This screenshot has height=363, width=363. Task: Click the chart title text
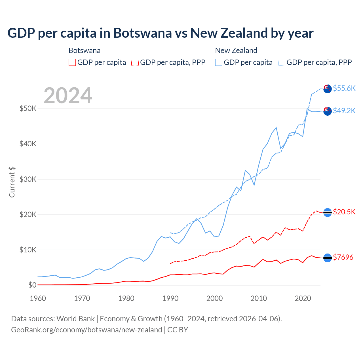(x=160, y=33)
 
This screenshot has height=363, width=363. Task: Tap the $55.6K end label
(x=344, y=88)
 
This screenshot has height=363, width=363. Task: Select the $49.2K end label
(x=344, y=111)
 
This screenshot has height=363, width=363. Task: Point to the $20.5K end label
(x=344, y=212)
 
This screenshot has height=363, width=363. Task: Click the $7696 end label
(x=343, y=257)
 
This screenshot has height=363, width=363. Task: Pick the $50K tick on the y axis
(x=28, y=108)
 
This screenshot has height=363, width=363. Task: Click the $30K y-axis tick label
(x=28, y=179)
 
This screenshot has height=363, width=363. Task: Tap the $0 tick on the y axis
(x=32, y=285)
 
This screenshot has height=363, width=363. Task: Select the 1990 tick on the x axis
(x=170, y=298)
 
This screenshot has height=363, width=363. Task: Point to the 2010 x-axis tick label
(x=259, y=298)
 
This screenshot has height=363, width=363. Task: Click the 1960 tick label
(x=38, y=298)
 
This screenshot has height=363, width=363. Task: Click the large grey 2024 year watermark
(x=68, y=96)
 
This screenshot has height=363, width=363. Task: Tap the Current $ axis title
(x=12, y=182)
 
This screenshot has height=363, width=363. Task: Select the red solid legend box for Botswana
(x=72, y=62)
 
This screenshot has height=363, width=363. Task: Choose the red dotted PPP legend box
(x=135, y=62)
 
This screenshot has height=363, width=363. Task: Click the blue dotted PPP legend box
(x=282, y=62)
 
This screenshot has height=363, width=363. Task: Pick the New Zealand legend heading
(x=236, y=50)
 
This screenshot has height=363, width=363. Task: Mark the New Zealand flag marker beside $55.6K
(x=327, y=88)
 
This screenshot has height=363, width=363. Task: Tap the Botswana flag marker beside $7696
(x=327, y=258)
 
